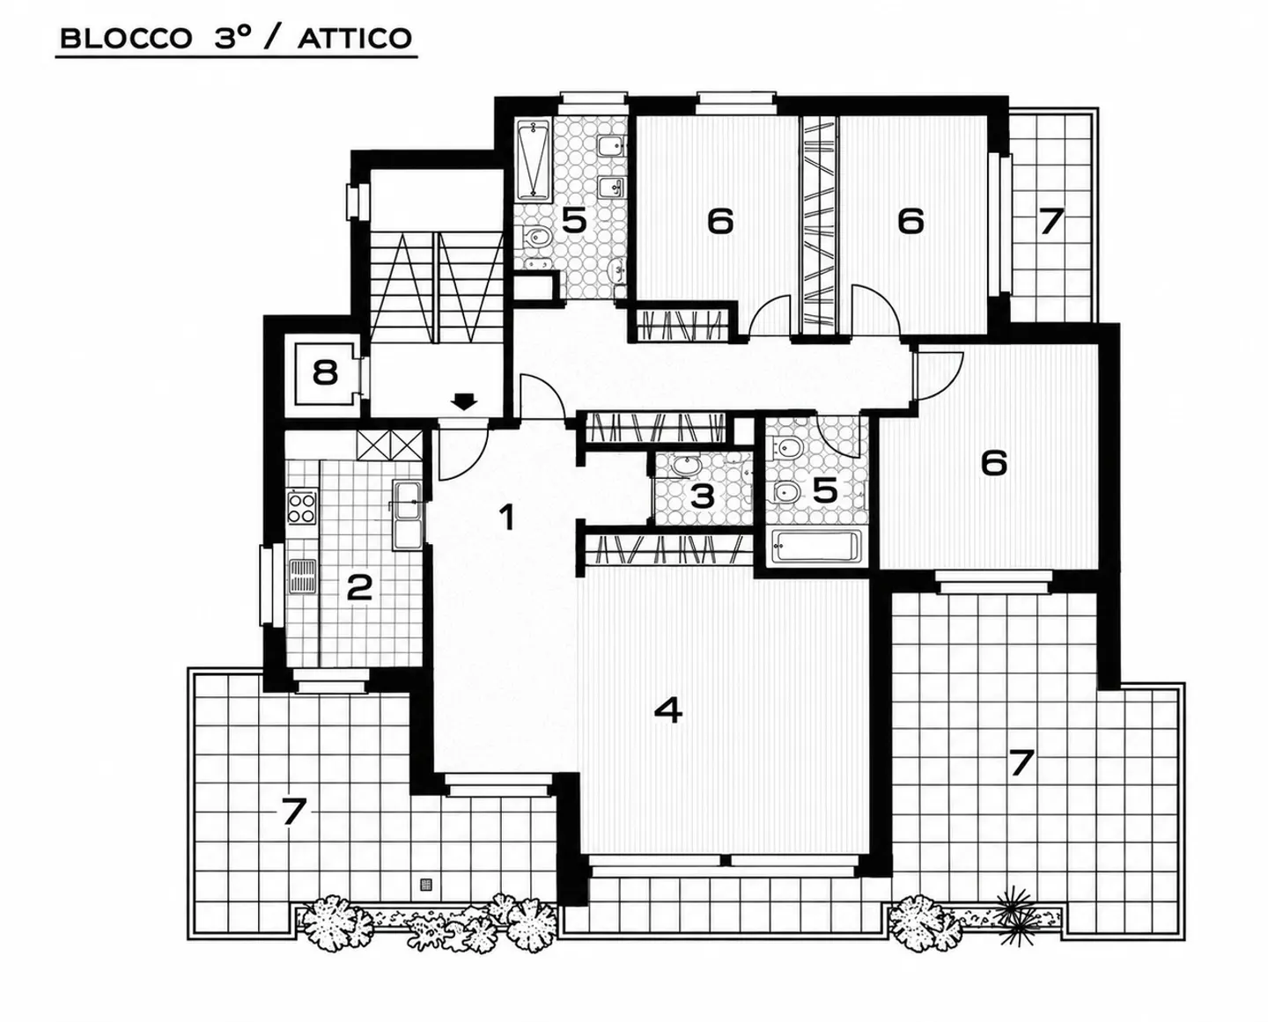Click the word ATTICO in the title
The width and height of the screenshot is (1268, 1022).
(x=355, y=39)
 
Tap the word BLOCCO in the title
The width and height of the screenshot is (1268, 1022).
(x=126, y=39)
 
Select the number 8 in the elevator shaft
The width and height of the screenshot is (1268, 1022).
(x=325, y=372)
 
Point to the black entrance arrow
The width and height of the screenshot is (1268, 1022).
(x=464, y=401)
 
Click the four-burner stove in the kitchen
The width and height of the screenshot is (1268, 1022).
(x=302, y=507)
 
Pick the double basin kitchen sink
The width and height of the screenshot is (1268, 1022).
(x=407, y=515)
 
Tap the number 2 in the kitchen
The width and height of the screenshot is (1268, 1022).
(x=359, y=587)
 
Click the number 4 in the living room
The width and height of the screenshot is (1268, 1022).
(x=668, y=710)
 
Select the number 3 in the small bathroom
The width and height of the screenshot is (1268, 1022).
(x=703, y=496)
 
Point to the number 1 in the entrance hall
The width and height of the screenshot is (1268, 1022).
(x=506, y=518)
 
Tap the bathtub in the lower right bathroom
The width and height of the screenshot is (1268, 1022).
(x=816, y=546)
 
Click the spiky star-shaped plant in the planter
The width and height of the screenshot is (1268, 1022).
(x=1015, y=918)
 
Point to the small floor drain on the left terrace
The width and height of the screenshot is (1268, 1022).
(x=426, y=884)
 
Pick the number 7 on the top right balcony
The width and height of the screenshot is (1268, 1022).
(x=1051, y=222)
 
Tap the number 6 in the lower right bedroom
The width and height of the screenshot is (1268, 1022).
(x=994, y=463)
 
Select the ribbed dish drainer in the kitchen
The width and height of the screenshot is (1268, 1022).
(x=302, y=576)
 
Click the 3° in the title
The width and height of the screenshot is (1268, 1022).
(x=233, y=39)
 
